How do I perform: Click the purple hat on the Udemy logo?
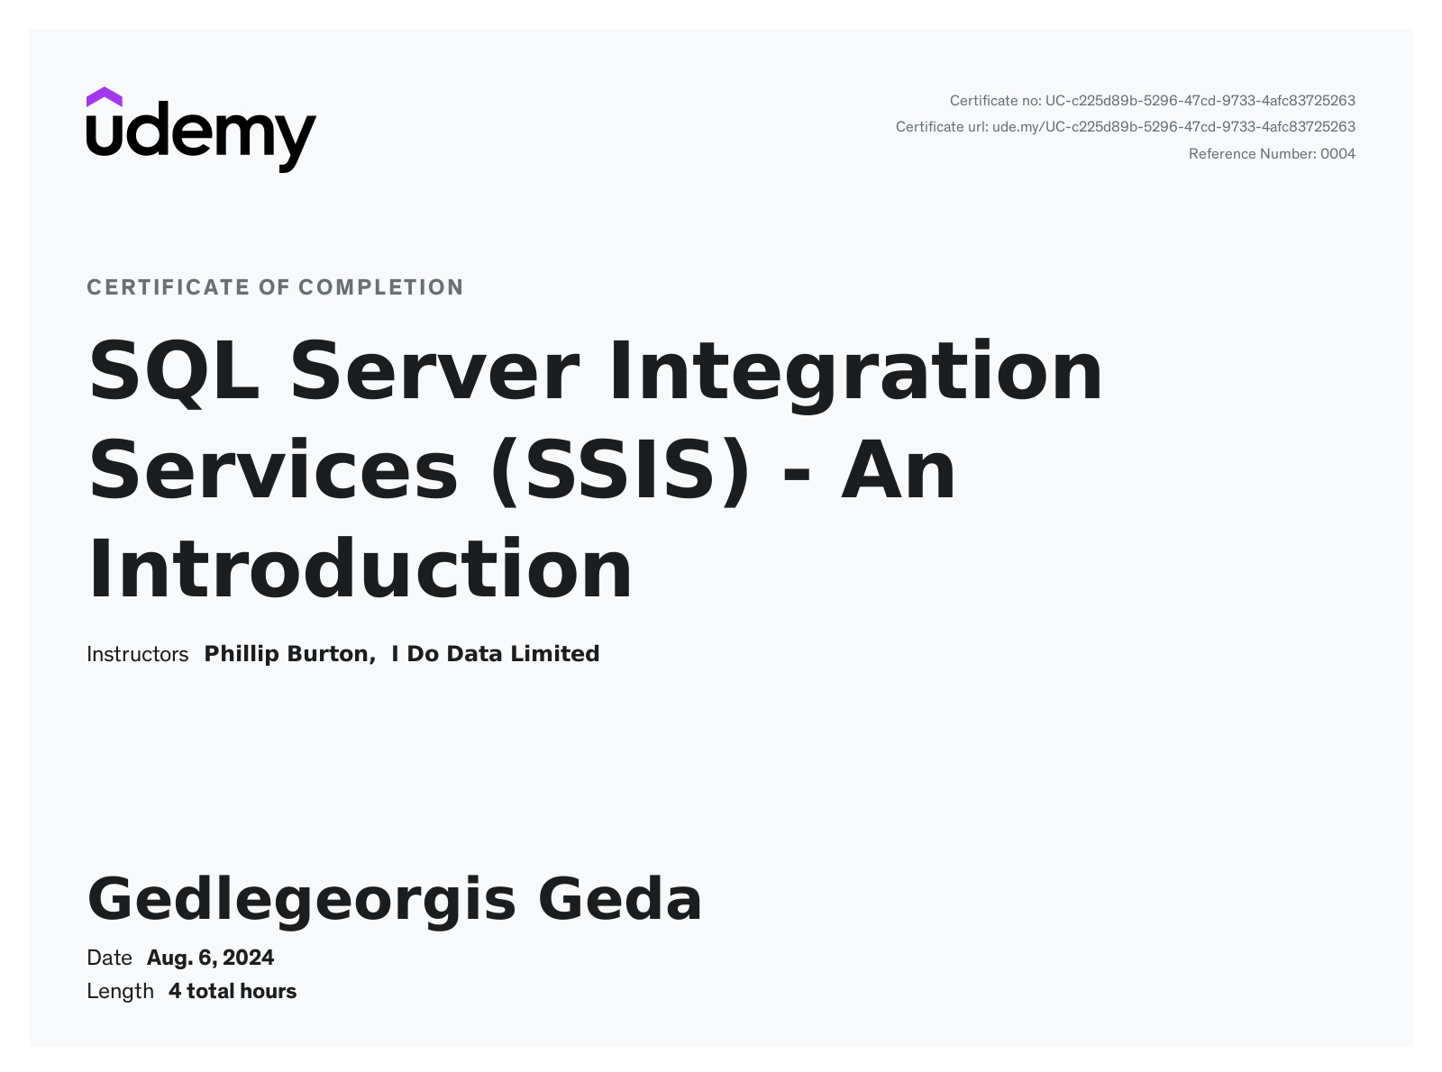pyautogui.click(x=104, y=97)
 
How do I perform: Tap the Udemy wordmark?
pyautogui.click(x=202, y=137)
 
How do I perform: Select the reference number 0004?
pyautogui.click(x=1337, y=154)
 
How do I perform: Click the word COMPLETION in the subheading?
pyautogui.click(x=381, y=287)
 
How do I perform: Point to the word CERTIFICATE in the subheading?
pyautogui.click(x=169, y=287)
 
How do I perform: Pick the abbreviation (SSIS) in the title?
pyautogui.click(x=619, y=471)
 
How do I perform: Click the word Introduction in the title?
pyautogui.click(x=360, y=569)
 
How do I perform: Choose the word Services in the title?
pyautogui.click(x=273, y=469)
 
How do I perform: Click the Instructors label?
pyautogui.click(x=137, y=654)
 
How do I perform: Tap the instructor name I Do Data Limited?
pyautogui.click(x=496, y=654)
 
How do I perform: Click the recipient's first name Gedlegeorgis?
pyautogui.click(x=302, y=900)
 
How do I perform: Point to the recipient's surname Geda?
pyautogui.click(x=620, y=898)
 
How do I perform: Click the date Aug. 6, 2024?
pyautogui.click(x=211, y=958)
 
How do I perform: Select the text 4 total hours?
pyautogui.click(x=233, y=992)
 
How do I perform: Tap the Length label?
pyautogui.click(x=120, y=992)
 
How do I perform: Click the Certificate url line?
pyautogui.click(x=1126, y=127)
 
